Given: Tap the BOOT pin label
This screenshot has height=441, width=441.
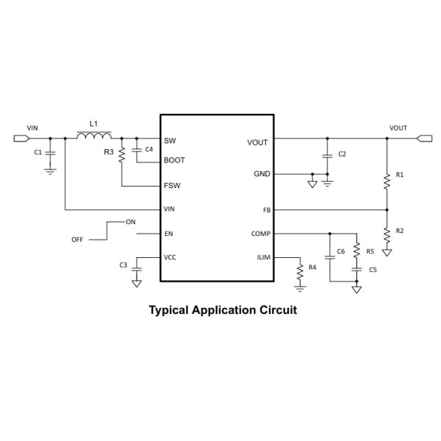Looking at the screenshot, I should point(174,160).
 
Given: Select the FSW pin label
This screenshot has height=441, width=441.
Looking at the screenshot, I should point(172,185).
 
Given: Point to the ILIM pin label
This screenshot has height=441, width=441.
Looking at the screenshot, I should point(262,258).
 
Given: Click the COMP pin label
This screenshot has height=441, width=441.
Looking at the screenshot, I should point(260,234).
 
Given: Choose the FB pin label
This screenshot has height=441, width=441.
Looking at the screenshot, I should point(267,209).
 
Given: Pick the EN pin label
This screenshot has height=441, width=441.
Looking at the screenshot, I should point(168,234).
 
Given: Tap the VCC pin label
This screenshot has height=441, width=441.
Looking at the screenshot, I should point(170,258).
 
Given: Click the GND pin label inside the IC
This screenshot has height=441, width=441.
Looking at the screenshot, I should point(261,174).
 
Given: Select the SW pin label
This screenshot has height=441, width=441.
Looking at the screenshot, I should point(170,140).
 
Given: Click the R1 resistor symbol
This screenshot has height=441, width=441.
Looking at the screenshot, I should point(386,180).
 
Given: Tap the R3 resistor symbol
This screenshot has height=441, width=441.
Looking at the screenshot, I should point(121,156).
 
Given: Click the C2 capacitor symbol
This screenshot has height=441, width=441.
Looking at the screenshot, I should point(328,155).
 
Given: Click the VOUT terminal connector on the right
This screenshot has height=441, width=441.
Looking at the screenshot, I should point(424,137).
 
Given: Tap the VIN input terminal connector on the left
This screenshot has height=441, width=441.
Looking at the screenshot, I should point(19,137).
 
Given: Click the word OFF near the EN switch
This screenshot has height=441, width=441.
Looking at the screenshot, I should point(77,240).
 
